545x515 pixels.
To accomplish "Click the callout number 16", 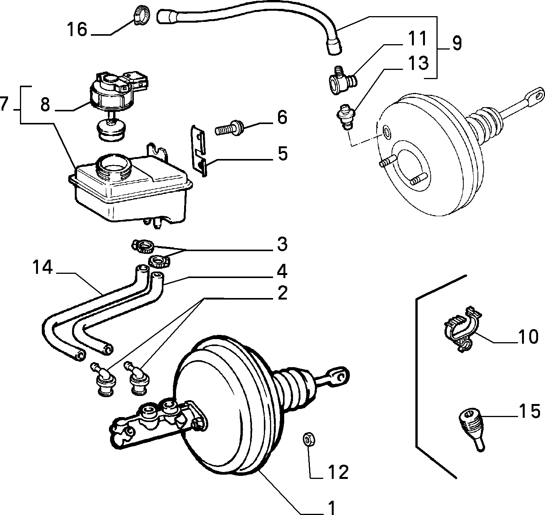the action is (77, 30).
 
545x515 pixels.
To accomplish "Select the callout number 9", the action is (457, 43).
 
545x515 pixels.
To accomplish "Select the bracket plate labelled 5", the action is (199, 150).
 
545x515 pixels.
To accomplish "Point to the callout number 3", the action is (282, 244).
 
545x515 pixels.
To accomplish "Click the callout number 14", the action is (43, 267).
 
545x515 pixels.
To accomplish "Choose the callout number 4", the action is (282, 271).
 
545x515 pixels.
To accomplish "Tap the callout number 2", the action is (282, 293).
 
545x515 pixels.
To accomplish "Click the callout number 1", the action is (331, 507).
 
